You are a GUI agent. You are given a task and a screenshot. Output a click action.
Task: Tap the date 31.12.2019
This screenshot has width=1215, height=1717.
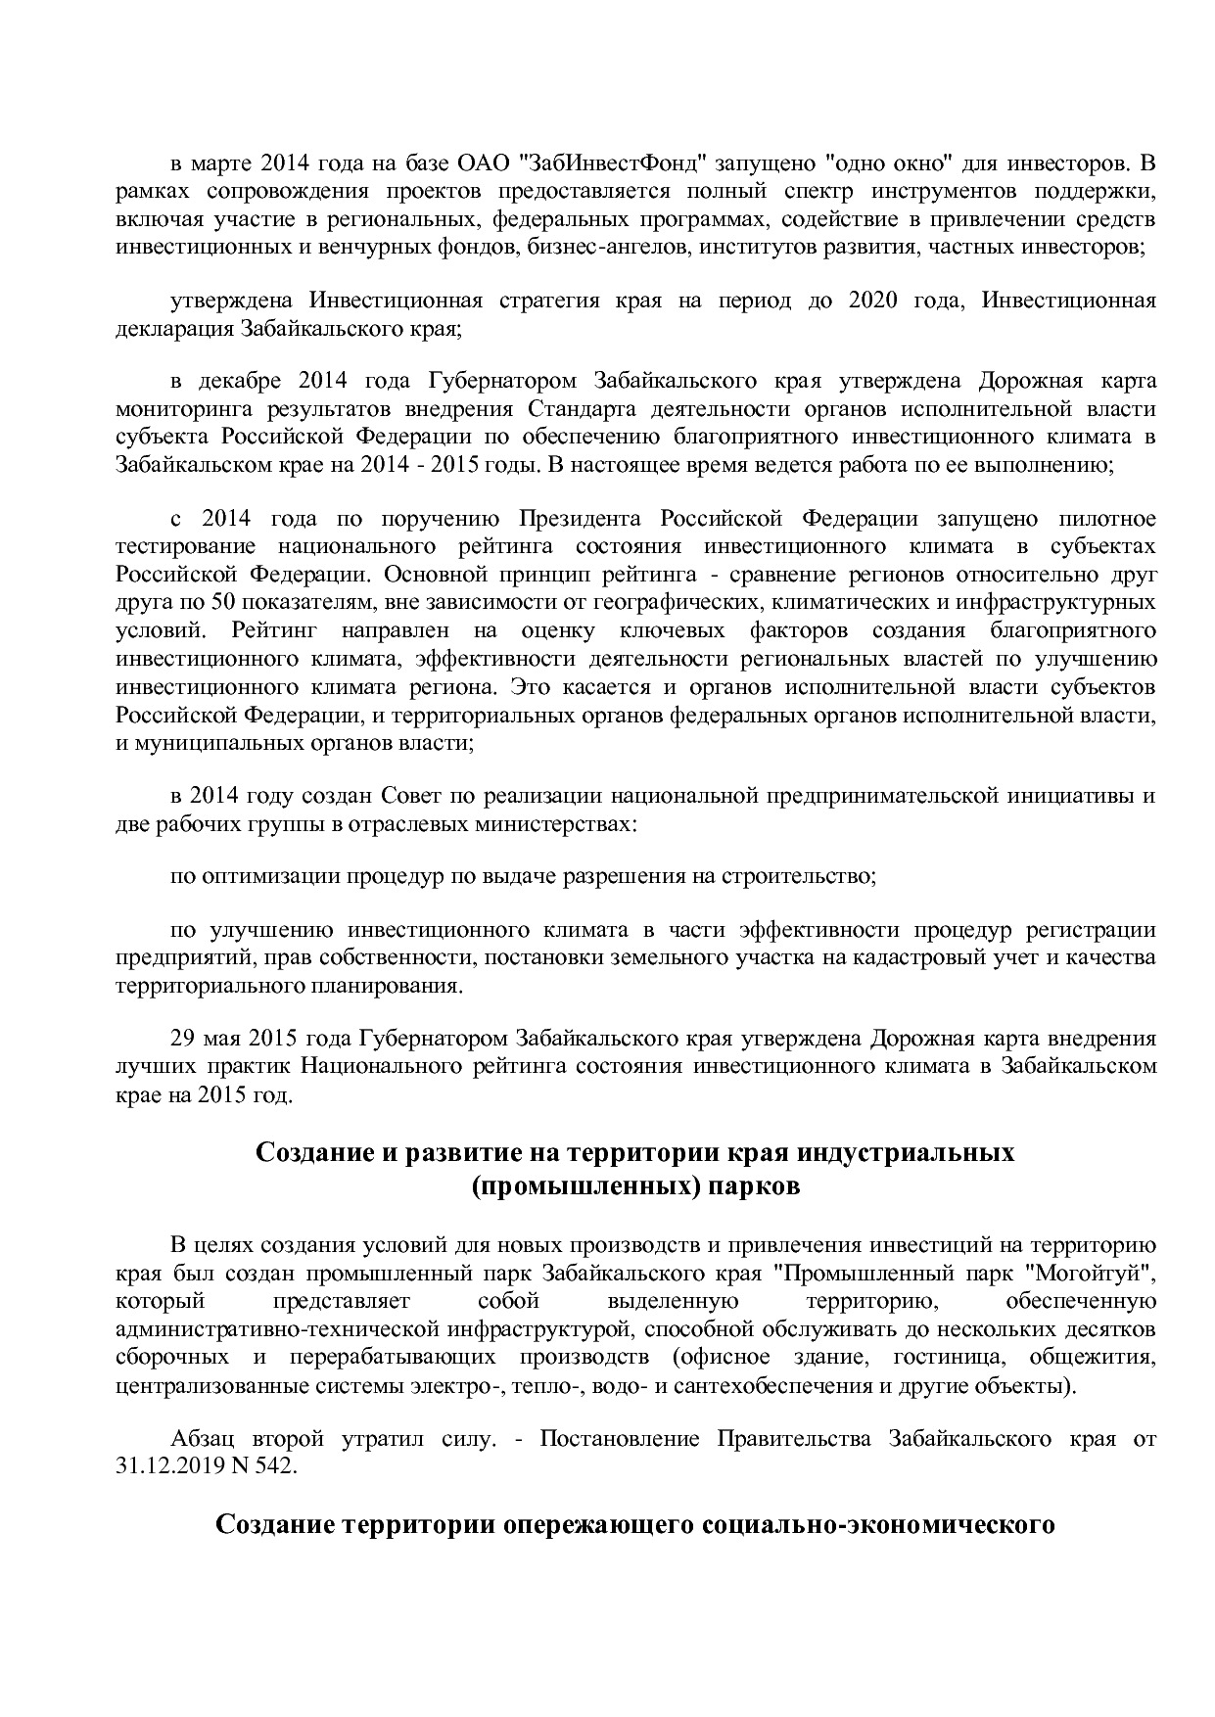163,1467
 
